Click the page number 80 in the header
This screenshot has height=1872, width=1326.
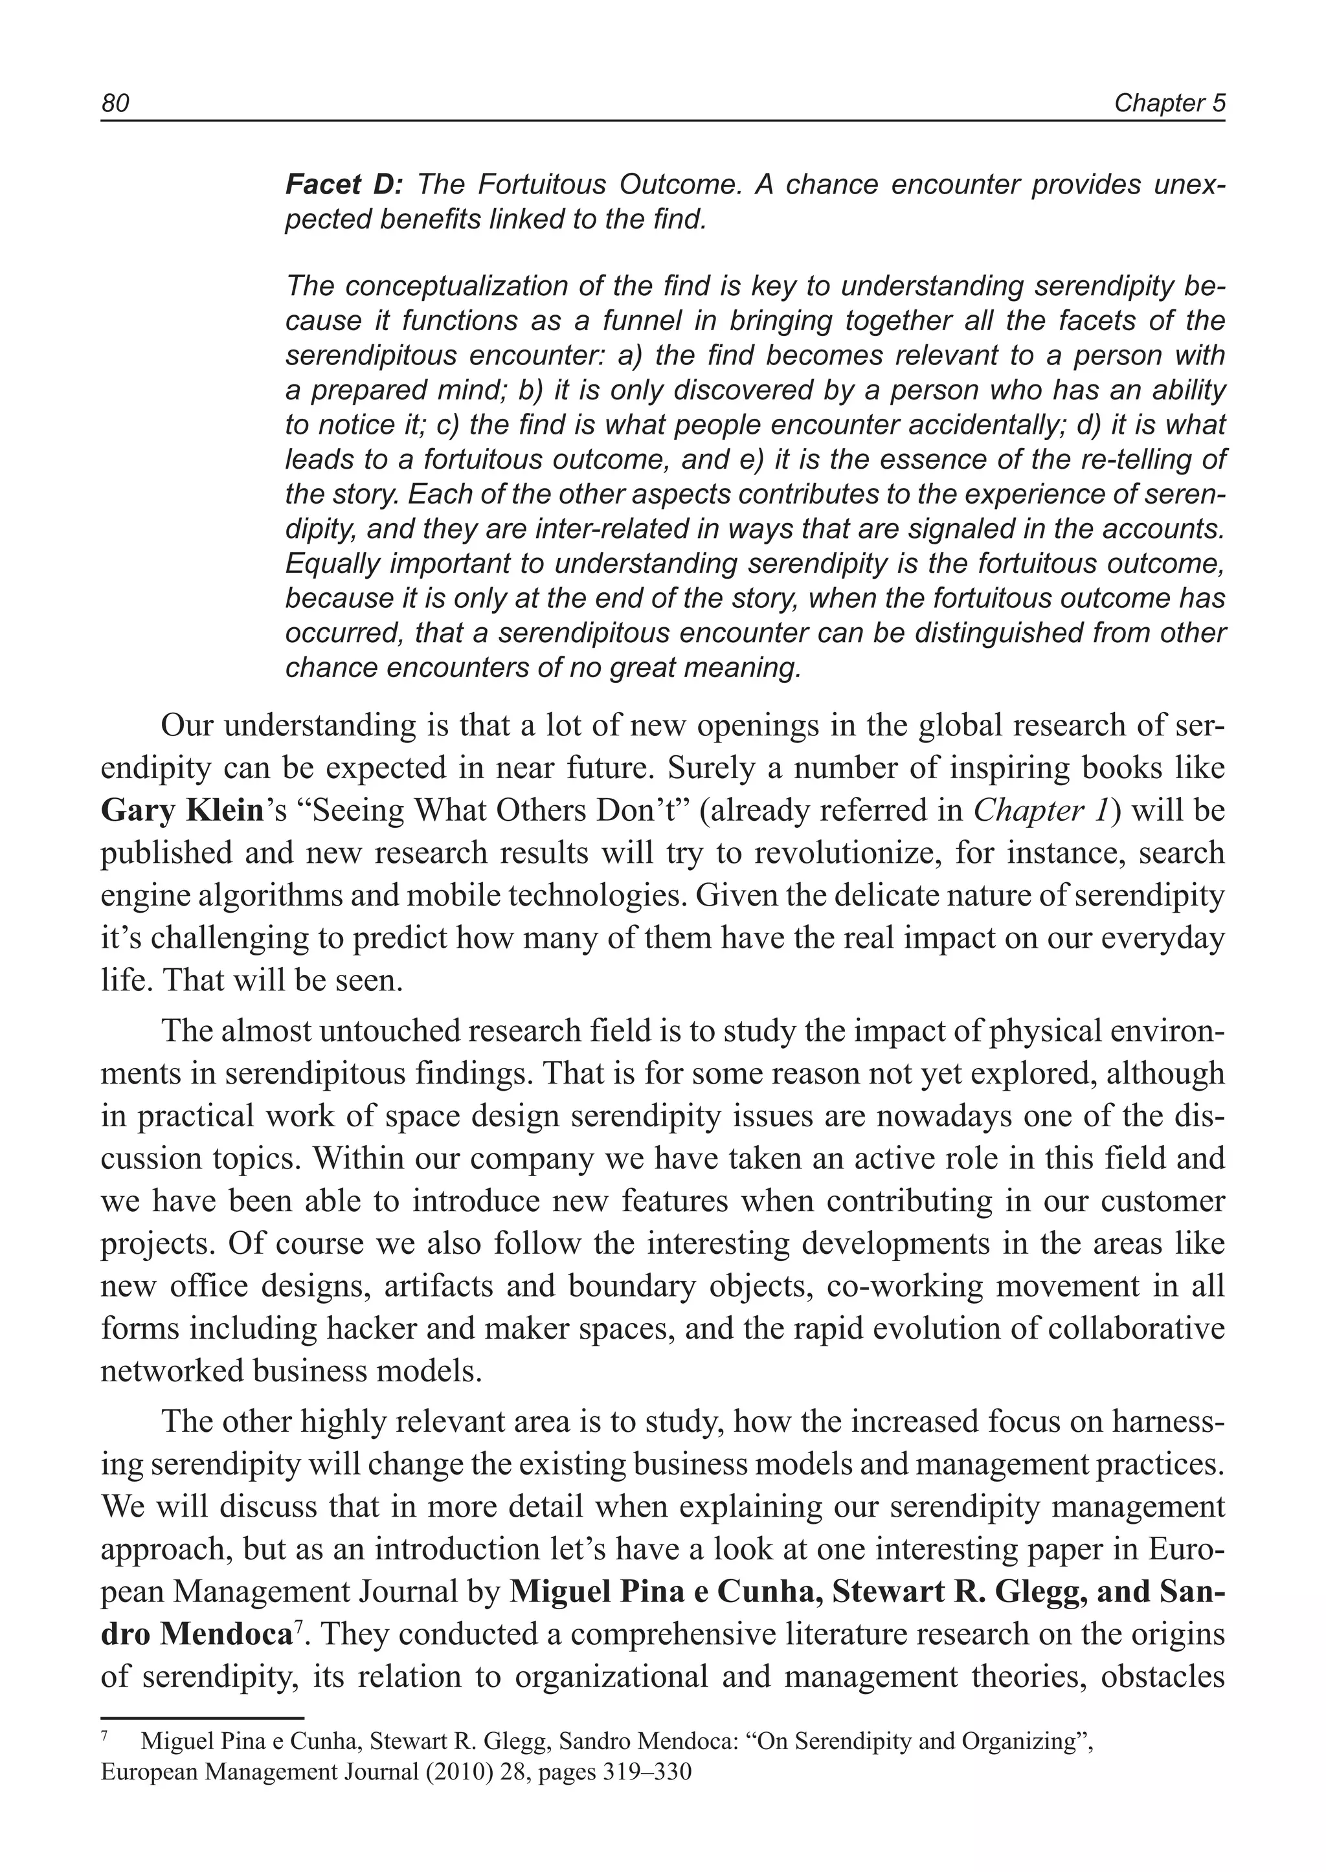115,104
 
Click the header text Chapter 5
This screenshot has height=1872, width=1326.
1169,104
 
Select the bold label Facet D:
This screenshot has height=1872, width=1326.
344,185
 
